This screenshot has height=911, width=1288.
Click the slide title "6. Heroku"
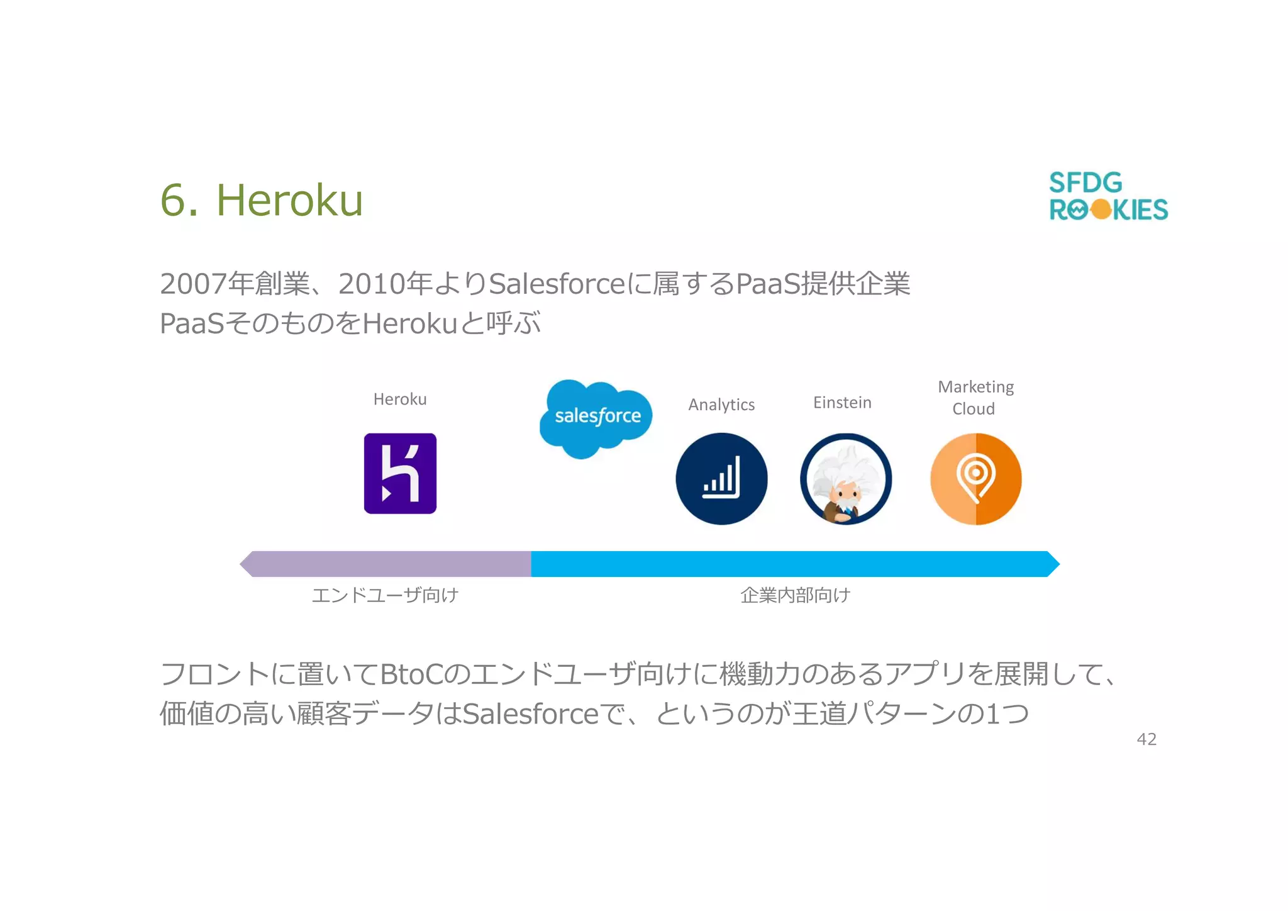[262, 200]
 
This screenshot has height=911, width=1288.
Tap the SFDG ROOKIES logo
[1108, 196]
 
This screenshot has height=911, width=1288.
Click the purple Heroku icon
[400, 474]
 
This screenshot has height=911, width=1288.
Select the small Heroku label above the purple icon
[400, 400]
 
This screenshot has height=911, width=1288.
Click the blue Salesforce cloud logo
[596, 417]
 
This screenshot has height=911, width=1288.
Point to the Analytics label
[721, 405]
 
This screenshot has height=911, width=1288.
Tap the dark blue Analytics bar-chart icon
[721, 479]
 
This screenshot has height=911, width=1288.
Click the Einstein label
[842, 403]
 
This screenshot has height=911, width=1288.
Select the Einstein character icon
[846, 479]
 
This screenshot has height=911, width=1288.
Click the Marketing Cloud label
[975, 398]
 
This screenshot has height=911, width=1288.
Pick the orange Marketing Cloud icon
[975, 479]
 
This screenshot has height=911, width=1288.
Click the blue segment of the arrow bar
[792, 564]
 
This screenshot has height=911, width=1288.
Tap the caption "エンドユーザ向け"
[385, 595]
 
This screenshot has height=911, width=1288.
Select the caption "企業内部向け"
[795, 595]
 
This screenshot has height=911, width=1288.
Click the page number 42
[1146, 739]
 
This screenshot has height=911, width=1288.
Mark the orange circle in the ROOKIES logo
[1101, 210]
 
